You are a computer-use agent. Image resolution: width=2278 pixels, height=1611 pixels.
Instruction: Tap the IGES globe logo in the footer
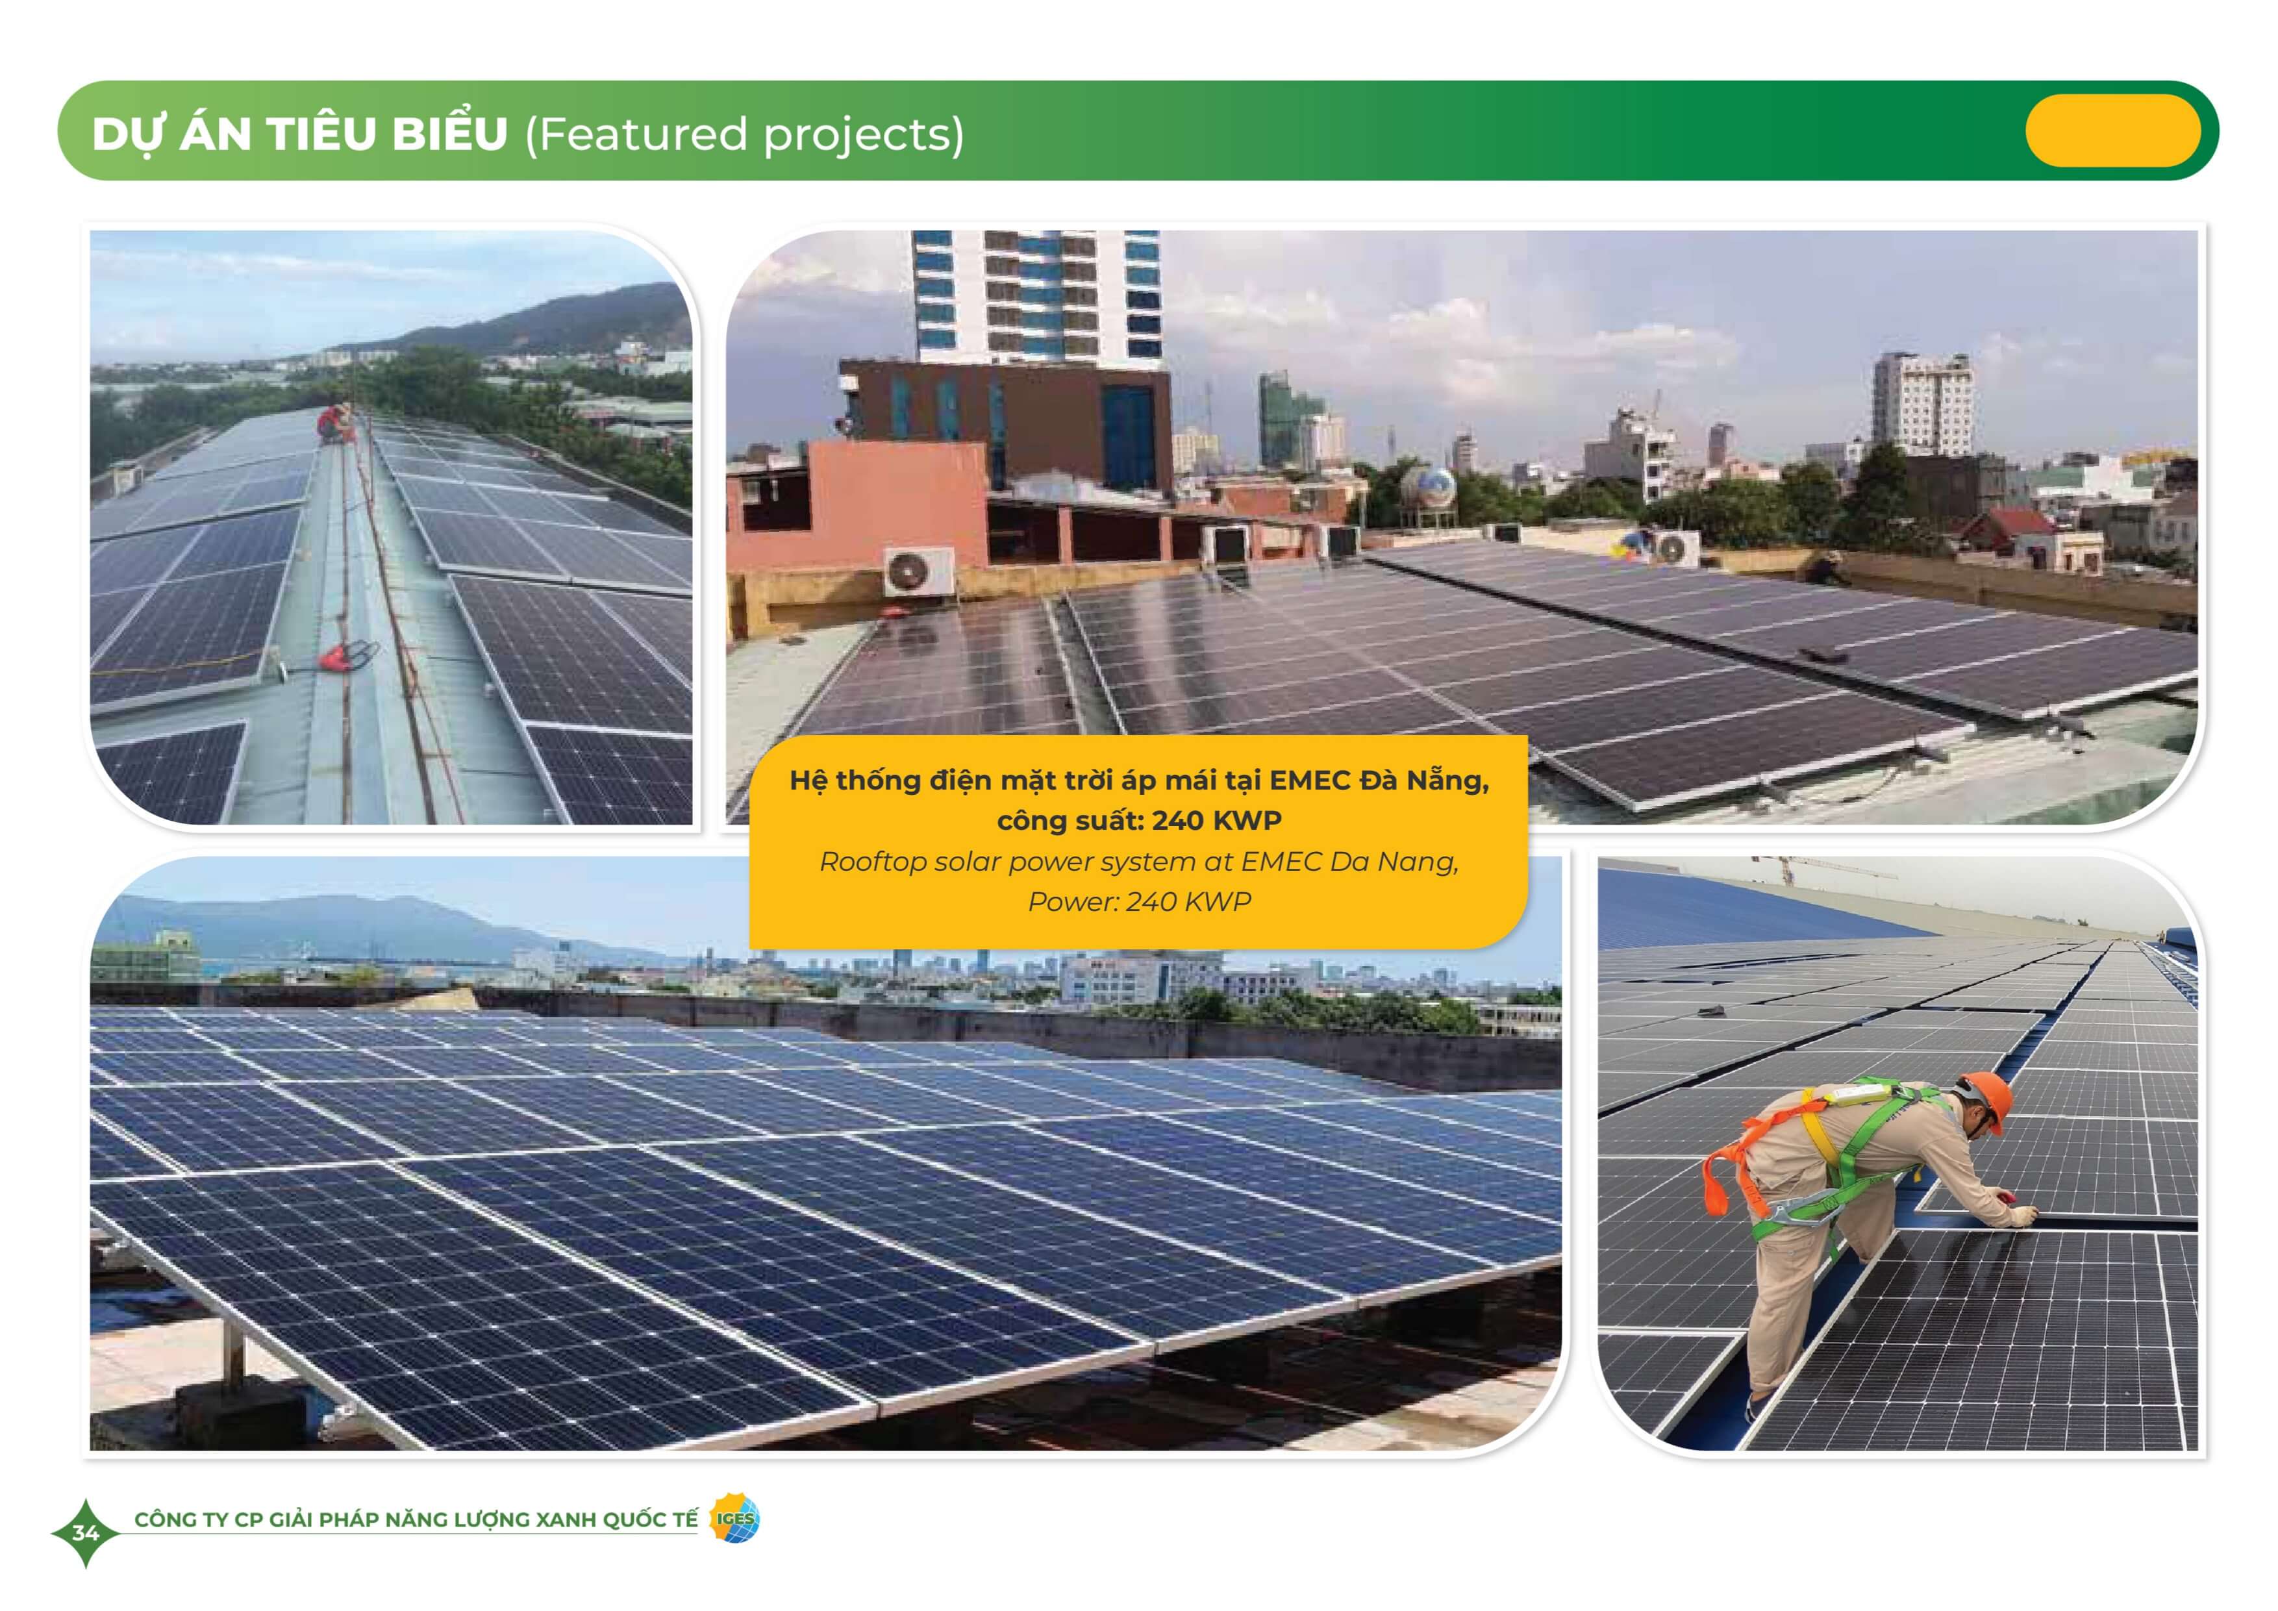click(x=735, y=1519)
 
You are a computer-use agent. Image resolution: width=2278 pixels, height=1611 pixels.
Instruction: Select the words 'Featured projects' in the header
click(x=744, y=134)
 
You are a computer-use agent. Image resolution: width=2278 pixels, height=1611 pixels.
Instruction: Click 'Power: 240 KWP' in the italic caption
click(x=1139, y=902)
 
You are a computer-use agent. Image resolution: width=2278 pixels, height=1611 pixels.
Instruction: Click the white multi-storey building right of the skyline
click(x=1921, y=405)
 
